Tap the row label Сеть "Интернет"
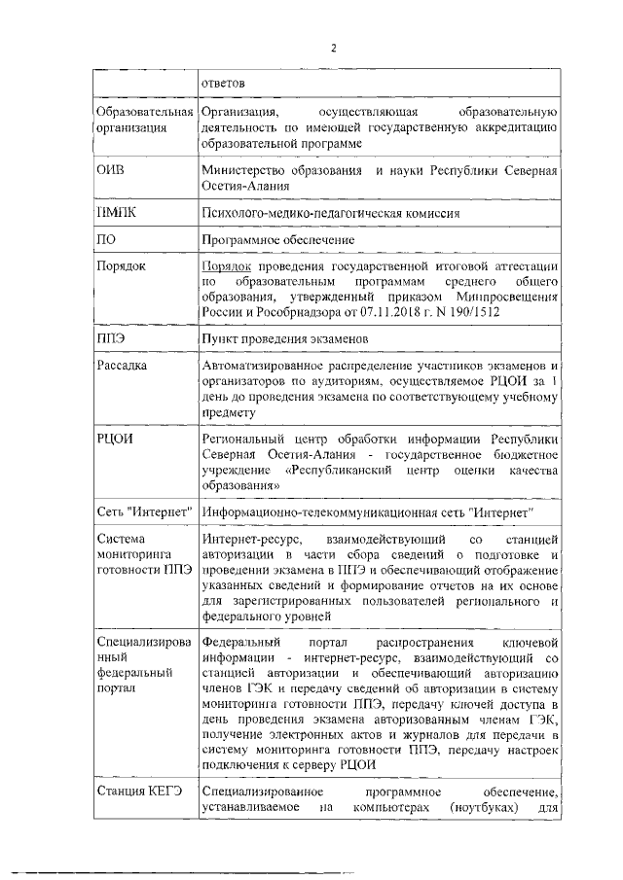[144, 511]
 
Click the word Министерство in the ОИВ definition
[244, 171]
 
